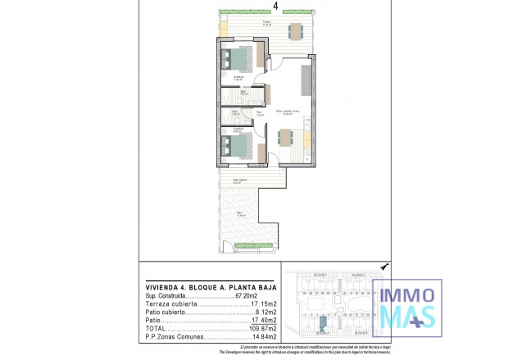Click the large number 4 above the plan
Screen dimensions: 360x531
[x=275, y=5]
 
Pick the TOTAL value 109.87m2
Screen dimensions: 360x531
[x=263, y=328]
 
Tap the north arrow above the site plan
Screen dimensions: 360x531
[x=385, y=267]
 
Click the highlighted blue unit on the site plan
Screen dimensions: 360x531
[x=324, y=325]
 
